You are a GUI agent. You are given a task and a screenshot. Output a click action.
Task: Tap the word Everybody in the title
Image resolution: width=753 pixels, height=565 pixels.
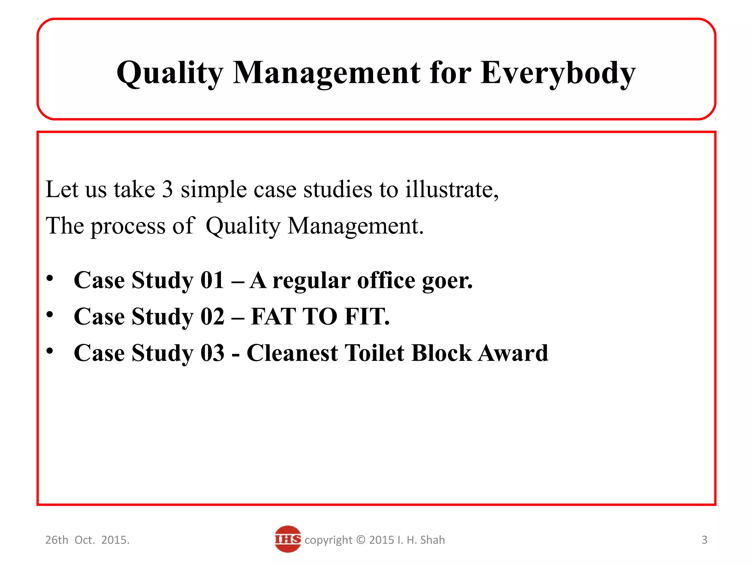pos(558,73)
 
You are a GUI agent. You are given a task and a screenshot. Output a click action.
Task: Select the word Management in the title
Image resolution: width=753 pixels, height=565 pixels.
pos(326,73)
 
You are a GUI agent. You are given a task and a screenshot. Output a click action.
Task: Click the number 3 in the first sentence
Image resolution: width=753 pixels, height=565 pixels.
pos(167,189)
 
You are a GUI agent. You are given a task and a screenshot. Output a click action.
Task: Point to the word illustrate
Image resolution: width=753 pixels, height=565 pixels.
pos(452,189)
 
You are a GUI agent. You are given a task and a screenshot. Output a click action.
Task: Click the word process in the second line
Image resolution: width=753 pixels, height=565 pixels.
pos(128,226)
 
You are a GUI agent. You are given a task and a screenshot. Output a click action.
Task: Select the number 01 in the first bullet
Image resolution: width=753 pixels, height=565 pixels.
pos(212,280)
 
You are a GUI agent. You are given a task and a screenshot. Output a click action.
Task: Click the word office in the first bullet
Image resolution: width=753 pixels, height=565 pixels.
pos(386,280)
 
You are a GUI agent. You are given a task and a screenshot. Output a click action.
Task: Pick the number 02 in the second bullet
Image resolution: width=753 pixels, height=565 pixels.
pos(212,316)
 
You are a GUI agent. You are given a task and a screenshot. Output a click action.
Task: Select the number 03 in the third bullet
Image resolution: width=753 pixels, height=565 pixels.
pos(212,353)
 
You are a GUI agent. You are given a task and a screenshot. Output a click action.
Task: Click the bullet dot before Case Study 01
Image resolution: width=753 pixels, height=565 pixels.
pos(50,278)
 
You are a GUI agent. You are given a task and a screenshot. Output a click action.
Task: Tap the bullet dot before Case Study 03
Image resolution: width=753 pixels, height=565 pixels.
pos(50,351)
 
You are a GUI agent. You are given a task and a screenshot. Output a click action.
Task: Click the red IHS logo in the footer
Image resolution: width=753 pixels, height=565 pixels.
pos(288,539)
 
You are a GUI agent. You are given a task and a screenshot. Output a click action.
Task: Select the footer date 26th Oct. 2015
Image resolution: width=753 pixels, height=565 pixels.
pos(87,540)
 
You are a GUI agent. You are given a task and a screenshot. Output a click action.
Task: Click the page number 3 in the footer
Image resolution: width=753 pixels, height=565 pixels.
pos(704,540)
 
